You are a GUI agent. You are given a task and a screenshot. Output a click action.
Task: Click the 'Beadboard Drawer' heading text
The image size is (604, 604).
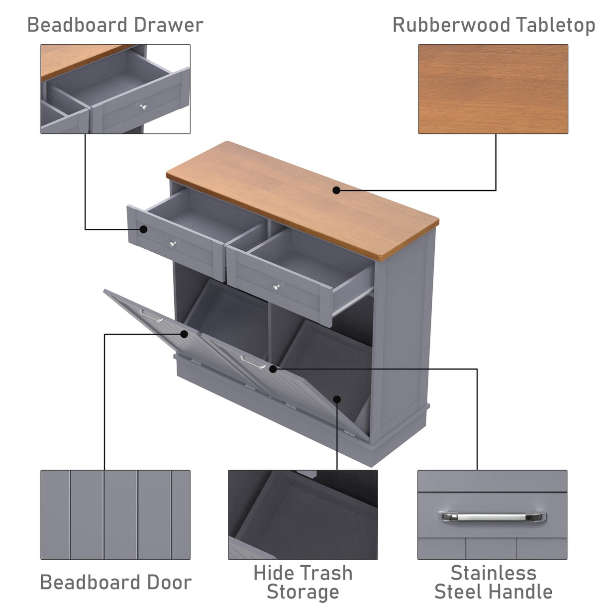tap(115, 25)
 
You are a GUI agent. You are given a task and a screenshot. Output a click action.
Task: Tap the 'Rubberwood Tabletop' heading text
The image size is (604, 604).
tap(494, 25)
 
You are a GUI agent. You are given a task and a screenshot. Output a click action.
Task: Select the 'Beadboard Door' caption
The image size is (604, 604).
tap(115, 582)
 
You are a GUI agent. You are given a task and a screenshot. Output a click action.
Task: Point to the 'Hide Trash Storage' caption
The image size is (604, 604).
tap(302, 583)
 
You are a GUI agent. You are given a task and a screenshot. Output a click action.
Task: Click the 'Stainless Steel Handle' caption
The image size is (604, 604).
tap(493, 583)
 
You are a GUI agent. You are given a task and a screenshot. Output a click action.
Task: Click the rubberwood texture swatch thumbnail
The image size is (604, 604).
tap(493, 89)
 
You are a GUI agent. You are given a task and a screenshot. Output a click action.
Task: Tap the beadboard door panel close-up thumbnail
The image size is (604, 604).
tap(115, 514)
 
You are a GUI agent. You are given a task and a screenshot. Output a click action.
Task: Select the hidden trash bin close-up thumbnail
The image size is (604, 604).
tap(302, 514)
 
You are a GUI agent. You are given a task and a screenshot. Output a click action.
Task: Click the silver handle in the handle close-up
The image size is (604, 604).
tap(492, 517)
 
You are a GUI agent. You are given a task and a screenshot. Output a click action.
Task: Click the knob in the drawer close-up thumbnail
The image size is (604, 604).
tap(143, 107)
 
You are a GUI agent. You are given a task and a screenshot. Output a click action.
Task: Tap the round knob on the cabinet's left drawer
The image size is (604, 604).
tap(173, 244)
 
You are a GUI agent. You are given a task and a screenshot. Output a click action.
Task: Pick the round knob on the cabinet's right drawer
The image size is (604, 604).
tap(276, 287)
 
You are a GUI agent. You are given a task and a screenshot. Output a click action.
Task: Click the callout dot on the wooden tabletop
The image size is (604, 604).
tap(336, 190)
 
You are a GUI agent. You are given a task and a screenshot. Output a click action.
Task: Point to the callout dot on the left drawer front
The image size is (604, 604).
tap(143, 229)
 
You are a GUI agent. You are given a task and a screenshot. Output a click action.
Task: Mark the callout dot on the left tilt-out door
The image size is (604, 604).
tap(184, 334)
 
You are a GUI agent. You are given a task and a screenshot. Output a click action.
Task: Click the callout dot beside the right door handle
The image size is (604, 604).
tap(273, 369)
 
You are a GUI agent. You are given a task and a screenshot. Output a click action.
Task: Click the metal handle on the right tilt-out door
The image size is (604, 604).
tap(253, 362)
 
